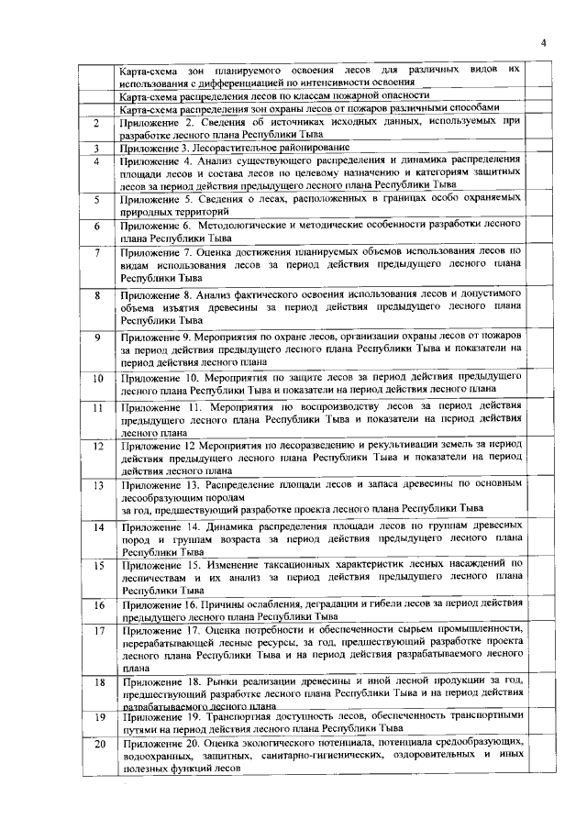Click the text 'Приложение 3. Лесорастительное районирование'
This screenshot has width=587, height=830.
pyautogui.click(x=235, y=147)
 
